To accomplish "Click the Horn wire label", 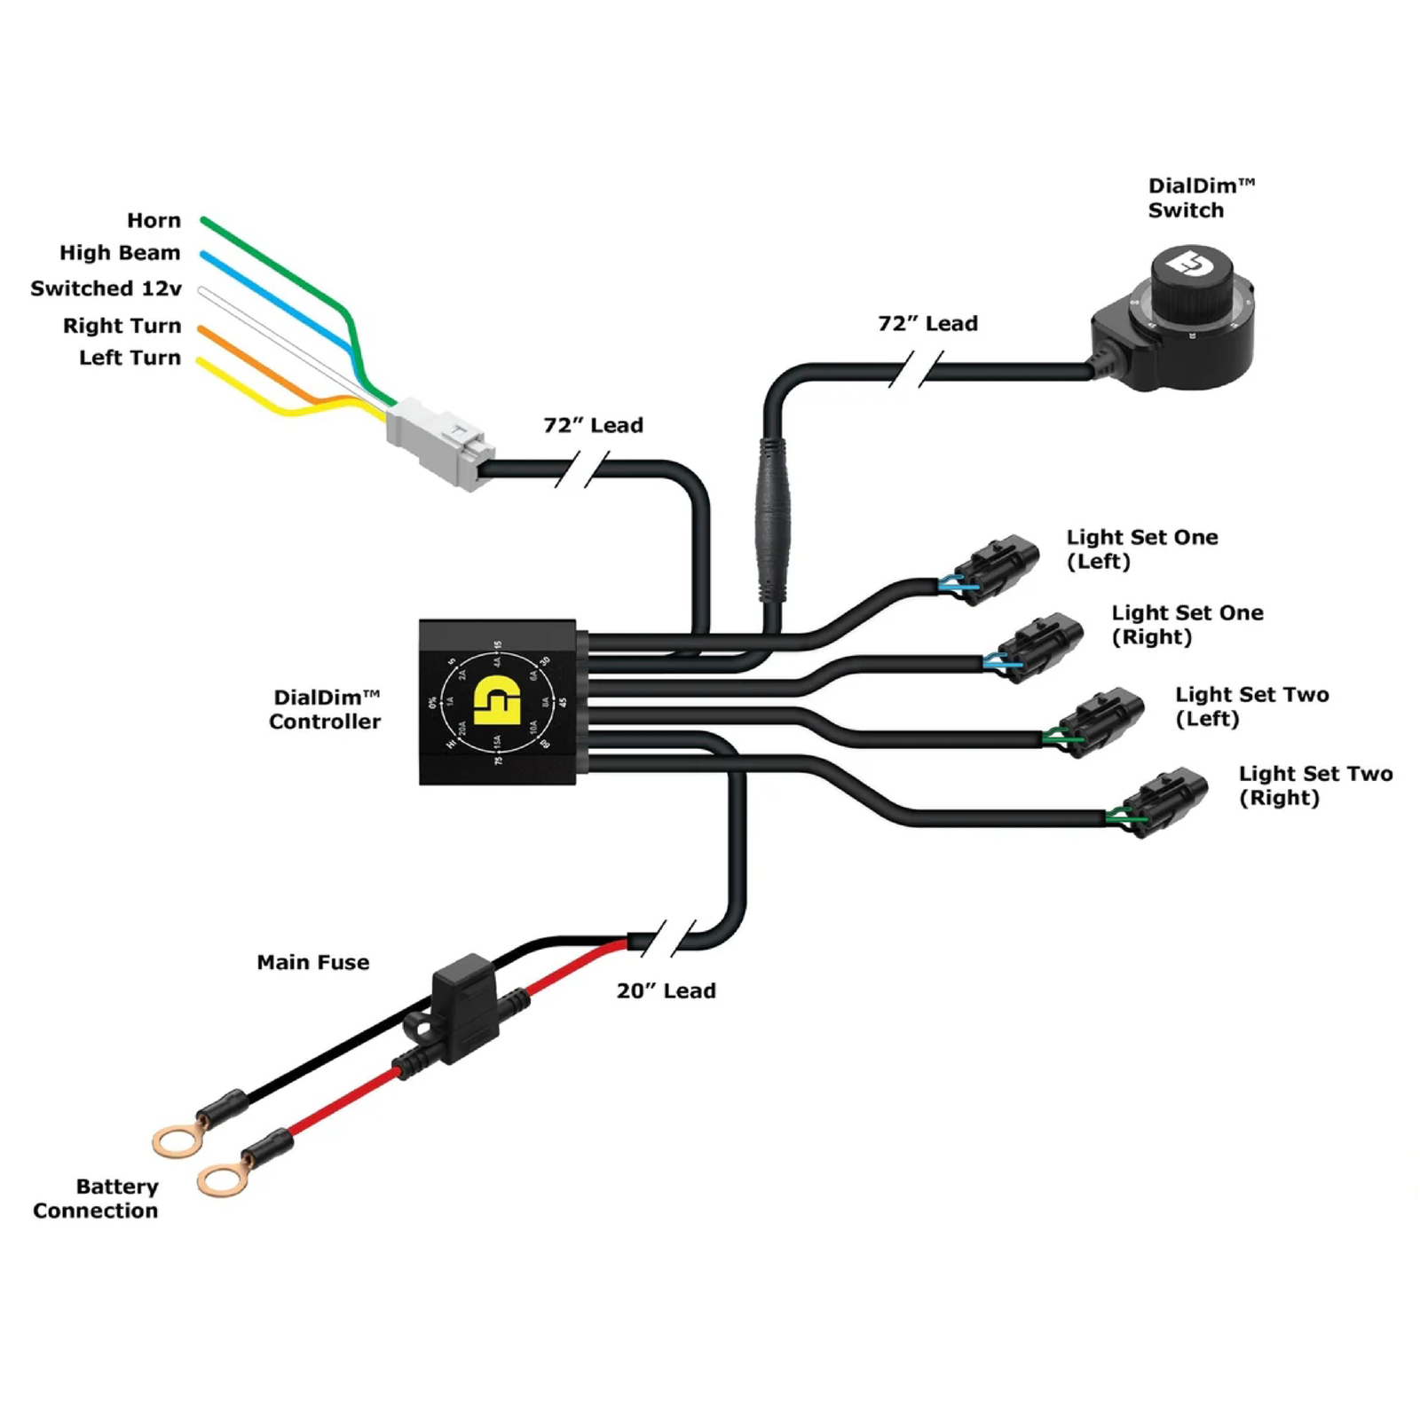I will point(154,220).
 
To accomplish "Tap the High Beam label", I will point(120,253).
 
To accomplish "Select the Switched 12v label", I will point(106,288).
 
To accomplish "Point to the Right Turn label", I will point(122,326).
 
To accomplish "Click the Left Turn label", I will point(130,358).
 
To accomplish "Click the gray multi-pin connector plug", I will point(438,442).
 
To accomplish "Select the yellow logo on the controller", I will point(497,701).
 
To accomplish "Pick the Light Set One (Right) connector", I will point(1041,645).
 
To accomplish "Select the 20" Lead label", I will point(666,990).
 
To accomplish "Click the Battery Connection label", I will point(96,1198).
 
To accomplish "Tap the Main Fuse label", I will point(312,962).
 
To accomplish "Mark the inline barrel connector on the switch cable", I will point(771,520).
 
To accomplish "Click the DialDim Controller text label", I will point(325,709).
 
